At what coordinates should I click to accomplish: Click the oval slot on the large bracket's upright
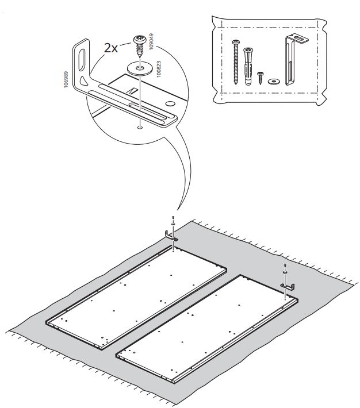click(82, 59)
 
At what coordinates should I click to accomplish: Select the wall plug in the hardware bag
click(248, 66)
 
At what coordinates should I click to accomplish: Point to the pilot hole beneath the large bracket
click(140, 128)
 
